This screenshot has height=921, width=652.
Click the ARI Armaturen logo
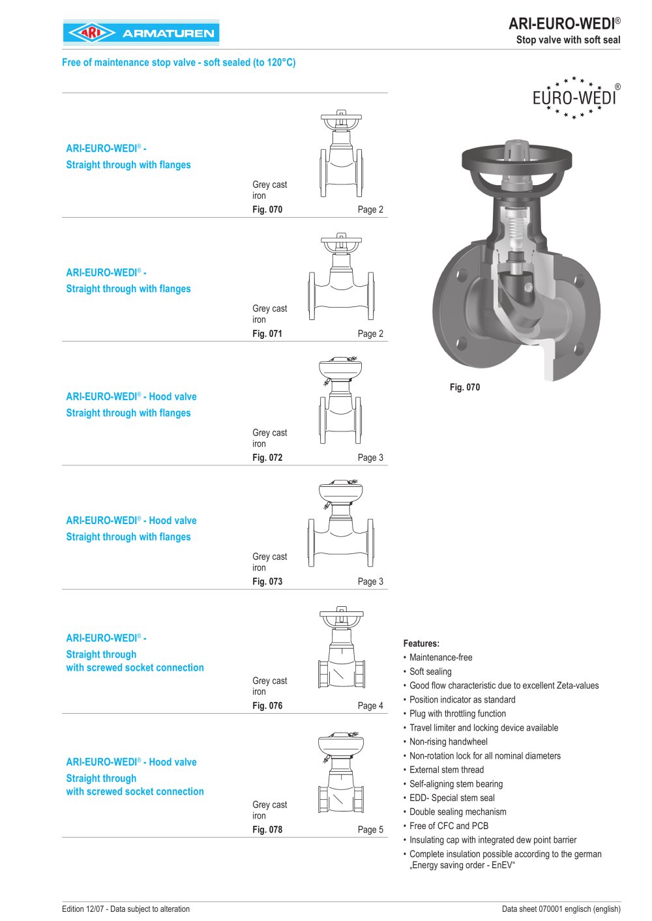141,33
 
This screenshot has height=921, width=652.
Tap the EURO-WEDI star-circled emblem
575,98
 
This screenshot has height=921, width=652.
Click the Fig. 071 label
267,334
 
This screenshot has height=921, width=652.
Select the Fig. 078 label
267,830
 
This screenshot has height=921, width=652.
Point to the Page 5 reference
370,830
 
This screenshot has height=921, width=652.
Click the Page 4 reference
370,706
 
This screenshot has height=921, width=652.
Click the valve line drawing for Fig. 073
341,525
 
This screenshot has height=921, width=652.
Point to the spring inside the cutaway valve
515,228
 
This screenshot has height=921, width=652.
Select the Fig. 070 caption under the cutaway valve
464,387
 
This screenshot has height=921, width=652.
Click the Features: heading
421,643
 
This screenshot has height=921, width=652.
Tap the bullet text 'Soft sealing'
430,671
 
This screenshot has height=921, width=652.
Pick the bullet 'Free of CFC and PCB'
449,826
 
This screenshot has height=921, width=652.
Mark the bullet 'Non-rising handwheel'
449,742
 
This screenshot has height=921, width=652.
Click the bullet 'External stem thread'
447,770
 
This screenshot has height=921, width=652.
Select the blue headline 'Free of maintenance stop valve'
179,63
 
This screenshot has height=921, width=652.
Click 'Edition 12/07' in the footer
126,909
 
